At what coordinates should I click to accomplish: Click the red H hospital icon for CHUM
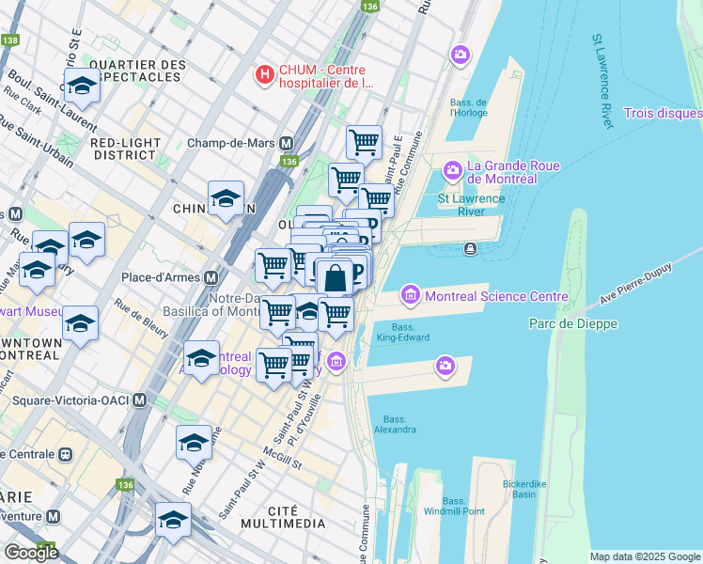[266, 73]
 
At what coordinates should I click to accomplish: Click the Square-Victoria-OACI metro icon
[140, 400]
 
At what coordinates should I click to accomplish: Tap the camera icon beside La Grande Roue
[452, 171]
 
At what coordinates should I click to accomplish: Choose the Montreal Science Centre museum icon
[410, 296]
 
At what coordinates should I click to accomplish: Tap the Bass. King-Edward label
[403, 332]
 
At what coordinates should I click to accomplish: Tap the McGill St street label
[283, 461]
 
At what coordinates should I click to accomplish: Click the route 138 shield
[10, 40]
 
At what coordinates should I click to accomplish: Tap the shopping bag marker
[334, 277]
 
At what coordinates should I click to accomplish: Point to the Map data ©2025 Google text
[644, 556]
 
